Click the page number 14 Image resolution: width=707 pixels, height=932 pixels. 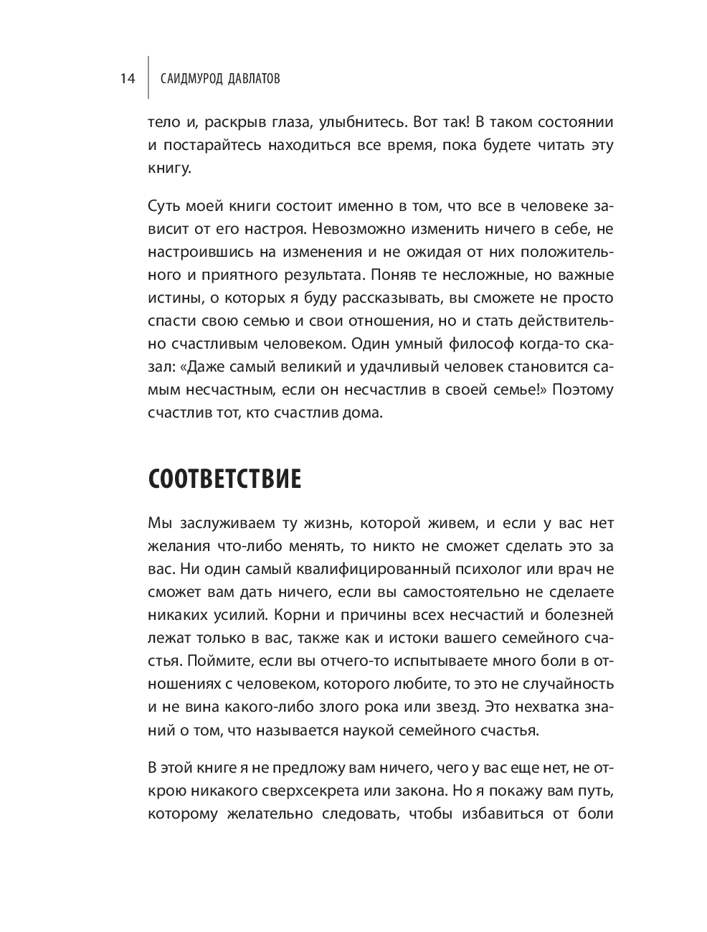click(x=128, y=79)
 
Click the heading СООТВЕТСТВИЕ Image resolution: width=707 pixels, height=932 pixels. click(x=224, y=479)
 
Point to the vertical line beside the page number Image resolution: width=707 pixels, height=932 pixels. click(x=148, y=77)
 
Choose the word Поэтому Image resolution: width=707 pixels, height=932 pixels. click(x=582, y=390)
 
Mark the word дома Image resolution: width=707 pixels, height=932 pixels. click(x=366, y=413)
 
